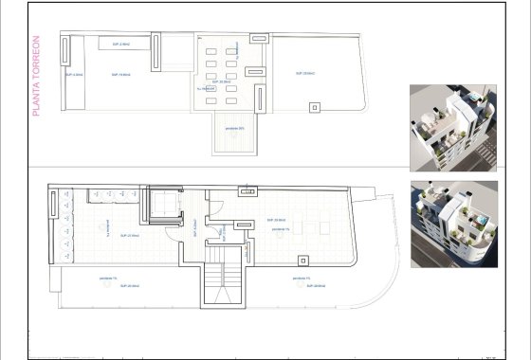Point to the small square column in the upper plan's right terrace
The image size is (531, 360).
click(x=313, y=107)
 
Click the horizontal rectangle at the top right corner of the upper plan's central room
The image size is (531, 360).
click(x=260, y=38)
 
